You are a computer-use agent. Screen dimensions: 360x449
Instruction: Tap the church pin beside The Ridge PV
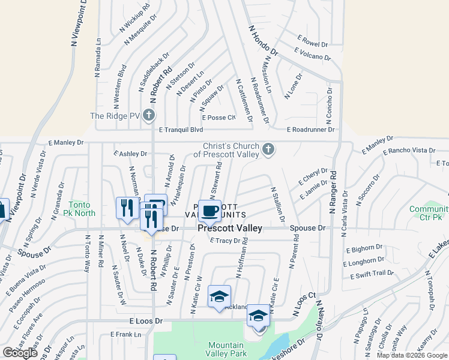point(149,116)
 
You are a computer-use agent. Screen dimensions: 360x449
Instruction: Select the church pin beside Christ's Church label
point(268,149)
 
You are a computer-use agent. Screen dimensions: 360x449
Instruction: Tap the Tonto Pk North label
point(80,209)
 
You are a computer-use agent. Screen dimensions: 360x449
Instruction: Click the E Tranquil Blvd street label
point(181,130)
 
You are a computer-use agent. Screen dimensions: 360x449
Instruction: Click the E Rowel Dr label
point(312,43)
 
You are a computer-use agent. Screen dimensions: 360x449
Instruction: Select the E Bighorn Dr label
point(364,247)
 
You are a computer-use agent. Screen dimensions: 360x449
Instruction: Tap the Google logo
point(20,353)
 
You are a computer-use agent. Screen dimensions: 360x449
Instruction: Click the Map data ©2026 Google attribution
point(412,355)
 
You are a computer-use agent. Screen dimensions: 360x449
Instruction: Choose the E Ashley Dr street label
point(131,154)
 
